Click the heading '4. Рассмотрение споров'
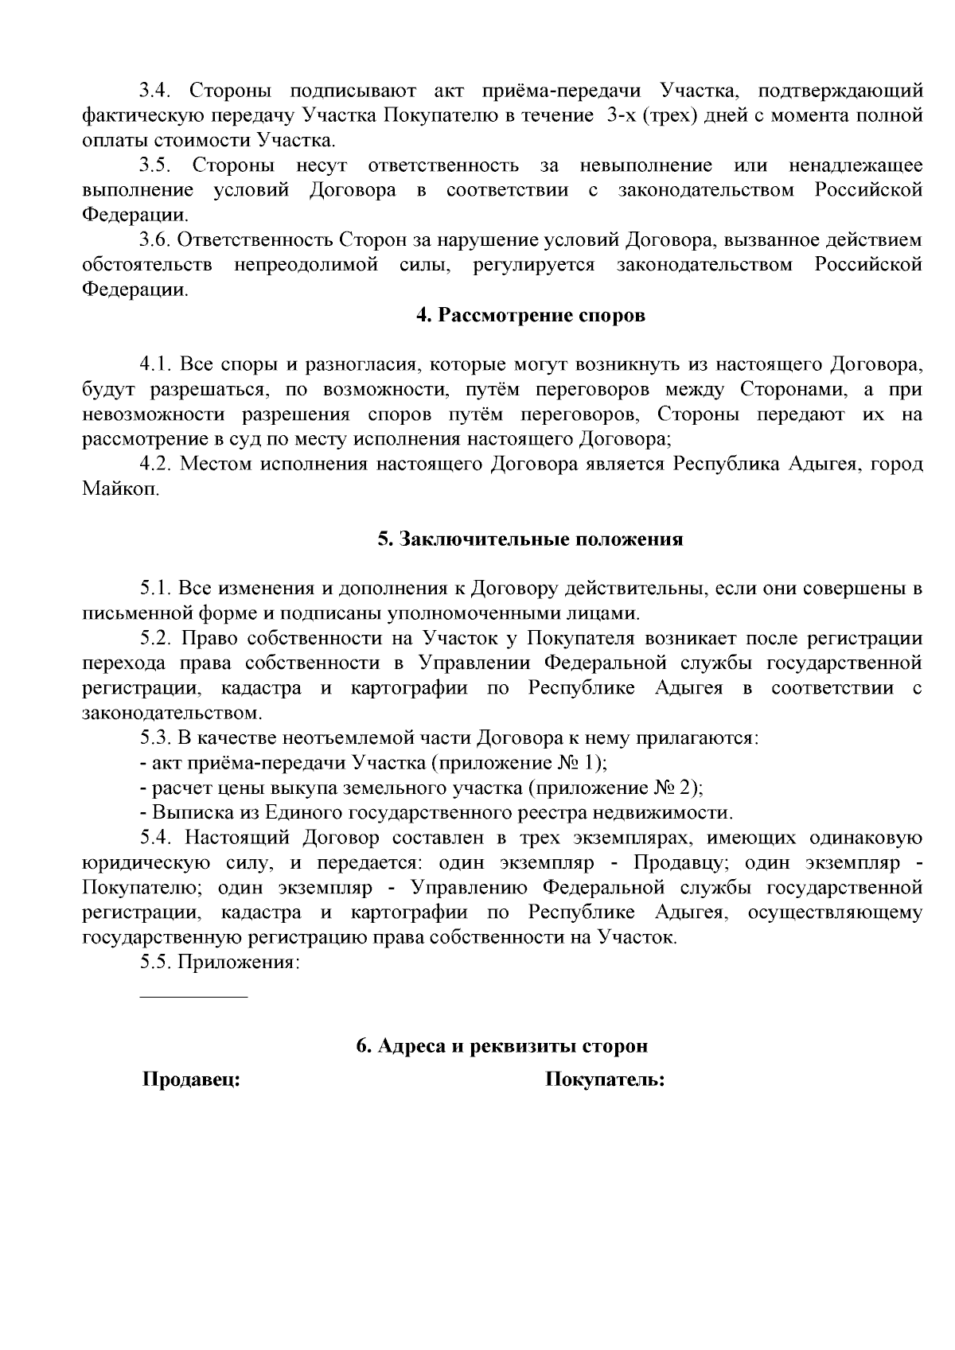pos(530,315)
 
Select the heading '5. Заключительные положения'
pos(530,539)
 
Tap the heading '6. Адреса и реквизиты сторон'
pos(501,1045)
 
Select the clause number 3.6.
pos(156,240)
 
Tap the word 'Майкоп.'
pos(121,489)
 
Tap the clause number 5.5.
pos(156,962)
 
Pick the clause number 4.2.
pos(156,465)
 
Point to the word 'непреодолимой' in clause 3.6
pos(306,265)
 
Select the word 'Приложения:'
pos(239,962)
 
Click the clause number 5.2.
pos(156,639)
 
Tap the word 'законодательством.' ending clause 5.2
pos(173,713)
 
